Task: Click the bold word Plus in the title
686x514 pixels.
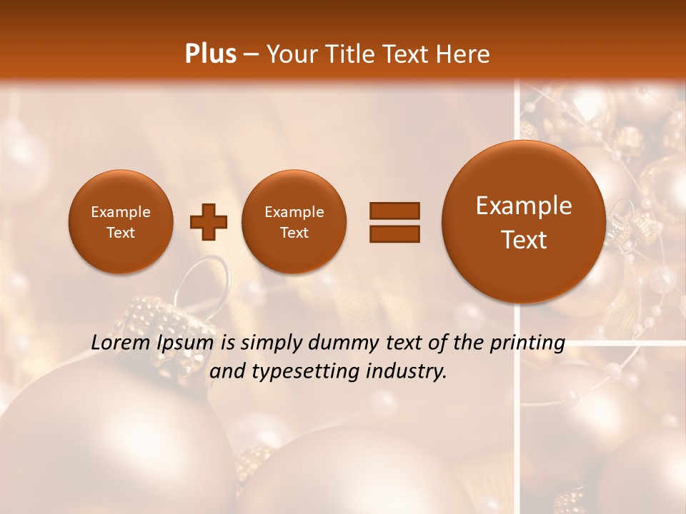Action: [210, 54]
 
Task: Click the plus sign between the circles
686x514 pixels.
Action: [208, 222]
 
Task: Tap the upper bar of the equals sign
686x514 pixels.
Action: [394, 211]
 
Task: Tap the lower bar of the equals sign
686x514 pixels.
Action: [394, 233]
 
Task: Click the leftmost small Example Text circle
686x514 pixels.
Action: [120, 222]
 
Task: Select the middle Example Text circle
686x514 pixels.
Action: [294, 222]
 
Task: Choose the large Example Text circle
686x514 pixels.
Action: [524, 222]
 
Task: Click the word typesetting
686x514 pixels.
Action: [307, 372]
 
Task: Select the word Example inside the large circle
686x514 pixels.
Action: [524, 206]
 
